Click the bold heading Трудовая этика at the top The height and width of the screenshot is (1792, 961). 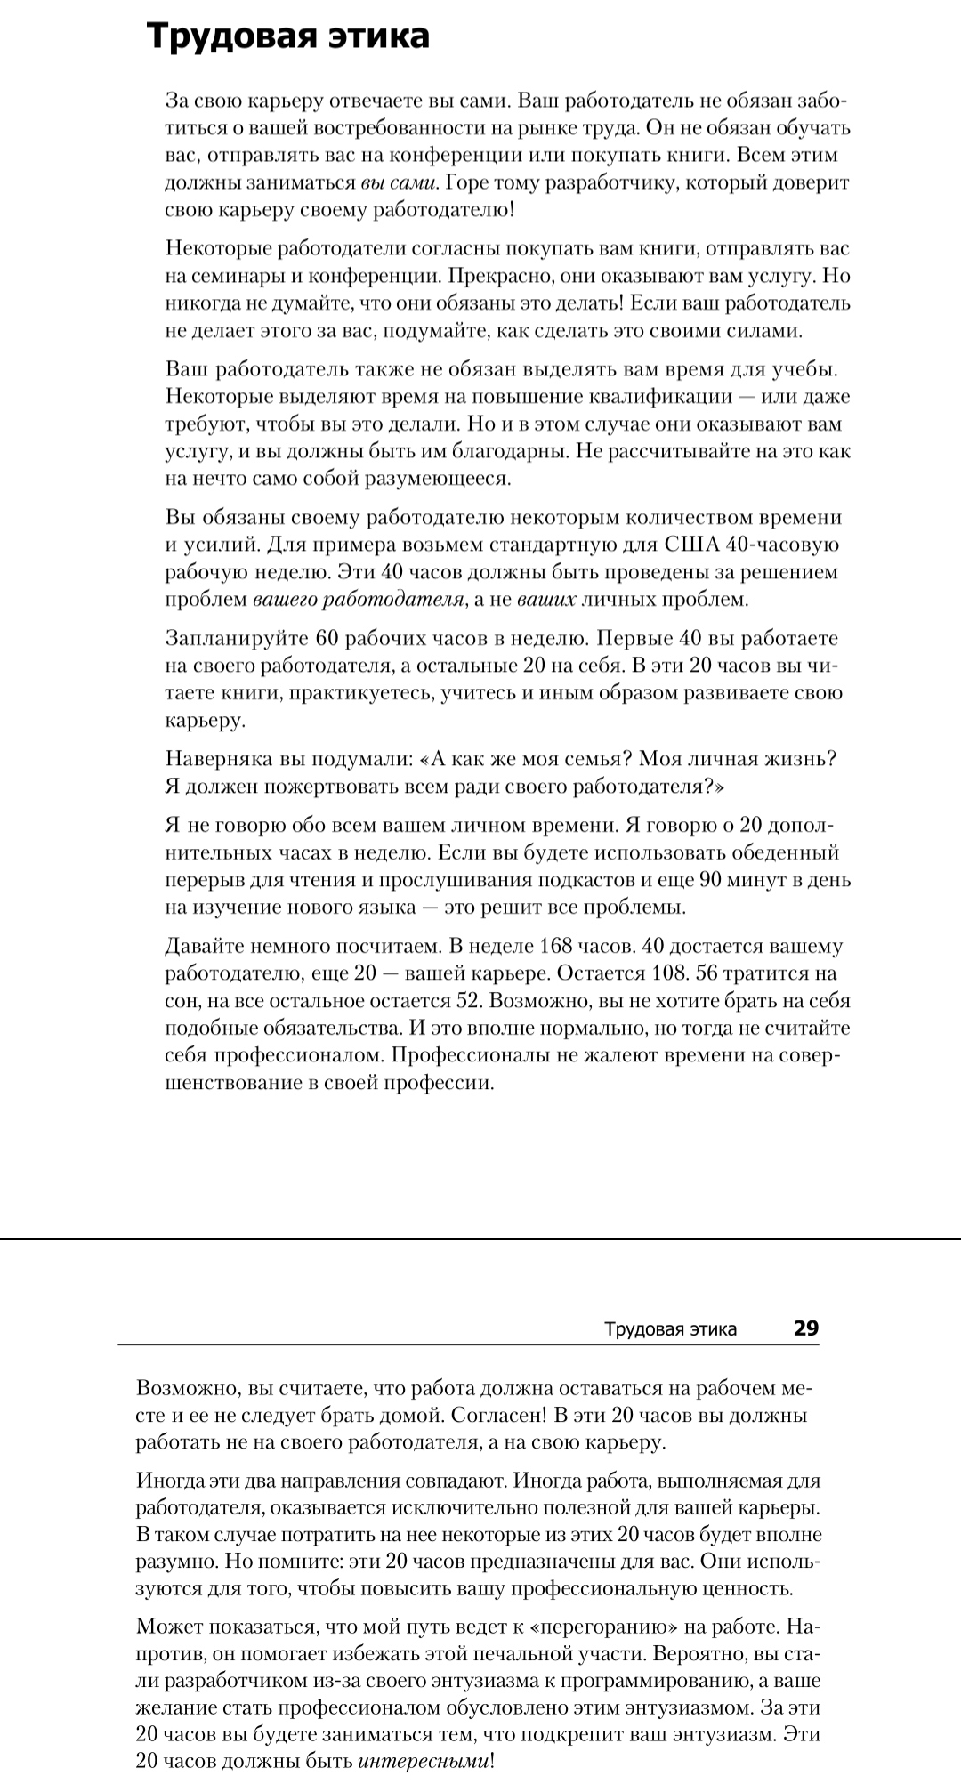(x=287, y=36)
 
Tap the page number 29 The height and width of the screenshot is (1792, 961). (x=805, y=1328)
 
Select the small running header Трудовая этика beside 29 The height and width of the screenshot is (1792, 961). (x=670, y=1329)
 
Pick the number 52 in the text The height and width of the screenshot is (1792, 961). (x=468, y=1000)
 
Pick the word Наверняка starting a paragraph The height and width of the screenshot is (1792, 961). (x=210, y=759)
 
